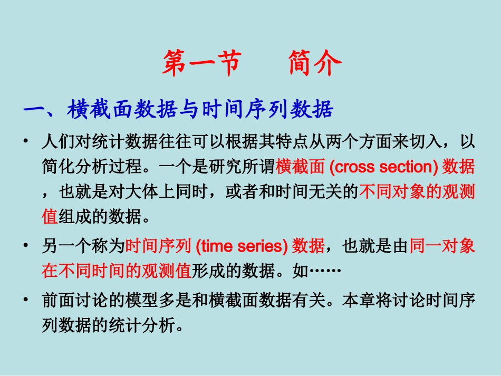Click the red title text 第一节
[201, 64]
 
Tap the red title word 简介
[315, 64]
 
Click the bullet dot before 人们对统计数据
[26, 142]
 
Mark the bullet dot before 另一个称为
[26, 246]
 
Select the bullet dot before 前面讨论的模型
[26, 300]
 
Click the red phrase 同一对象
[442, 246]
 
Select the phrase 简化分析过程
[93, 167]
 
